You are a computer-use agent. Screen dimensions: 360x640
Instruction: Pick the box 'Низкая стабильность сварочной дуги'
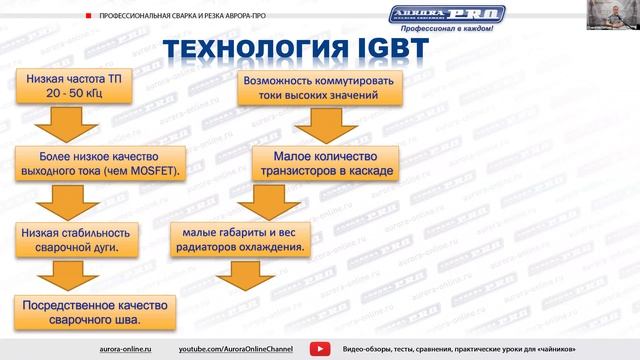pyautogui.click(x=68, y=238)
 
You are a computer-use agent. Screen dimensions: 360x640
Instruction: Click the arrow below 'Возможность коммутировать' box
pyautogui.click(x=319, y=124)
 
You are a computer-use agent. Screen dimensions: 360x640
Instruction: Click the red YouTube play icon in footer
pyautogui.click(x=320, y=348)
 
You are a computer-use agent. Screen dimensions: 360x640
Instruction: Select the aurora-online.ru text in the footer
pyautogui.click(x=127, y=348)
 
